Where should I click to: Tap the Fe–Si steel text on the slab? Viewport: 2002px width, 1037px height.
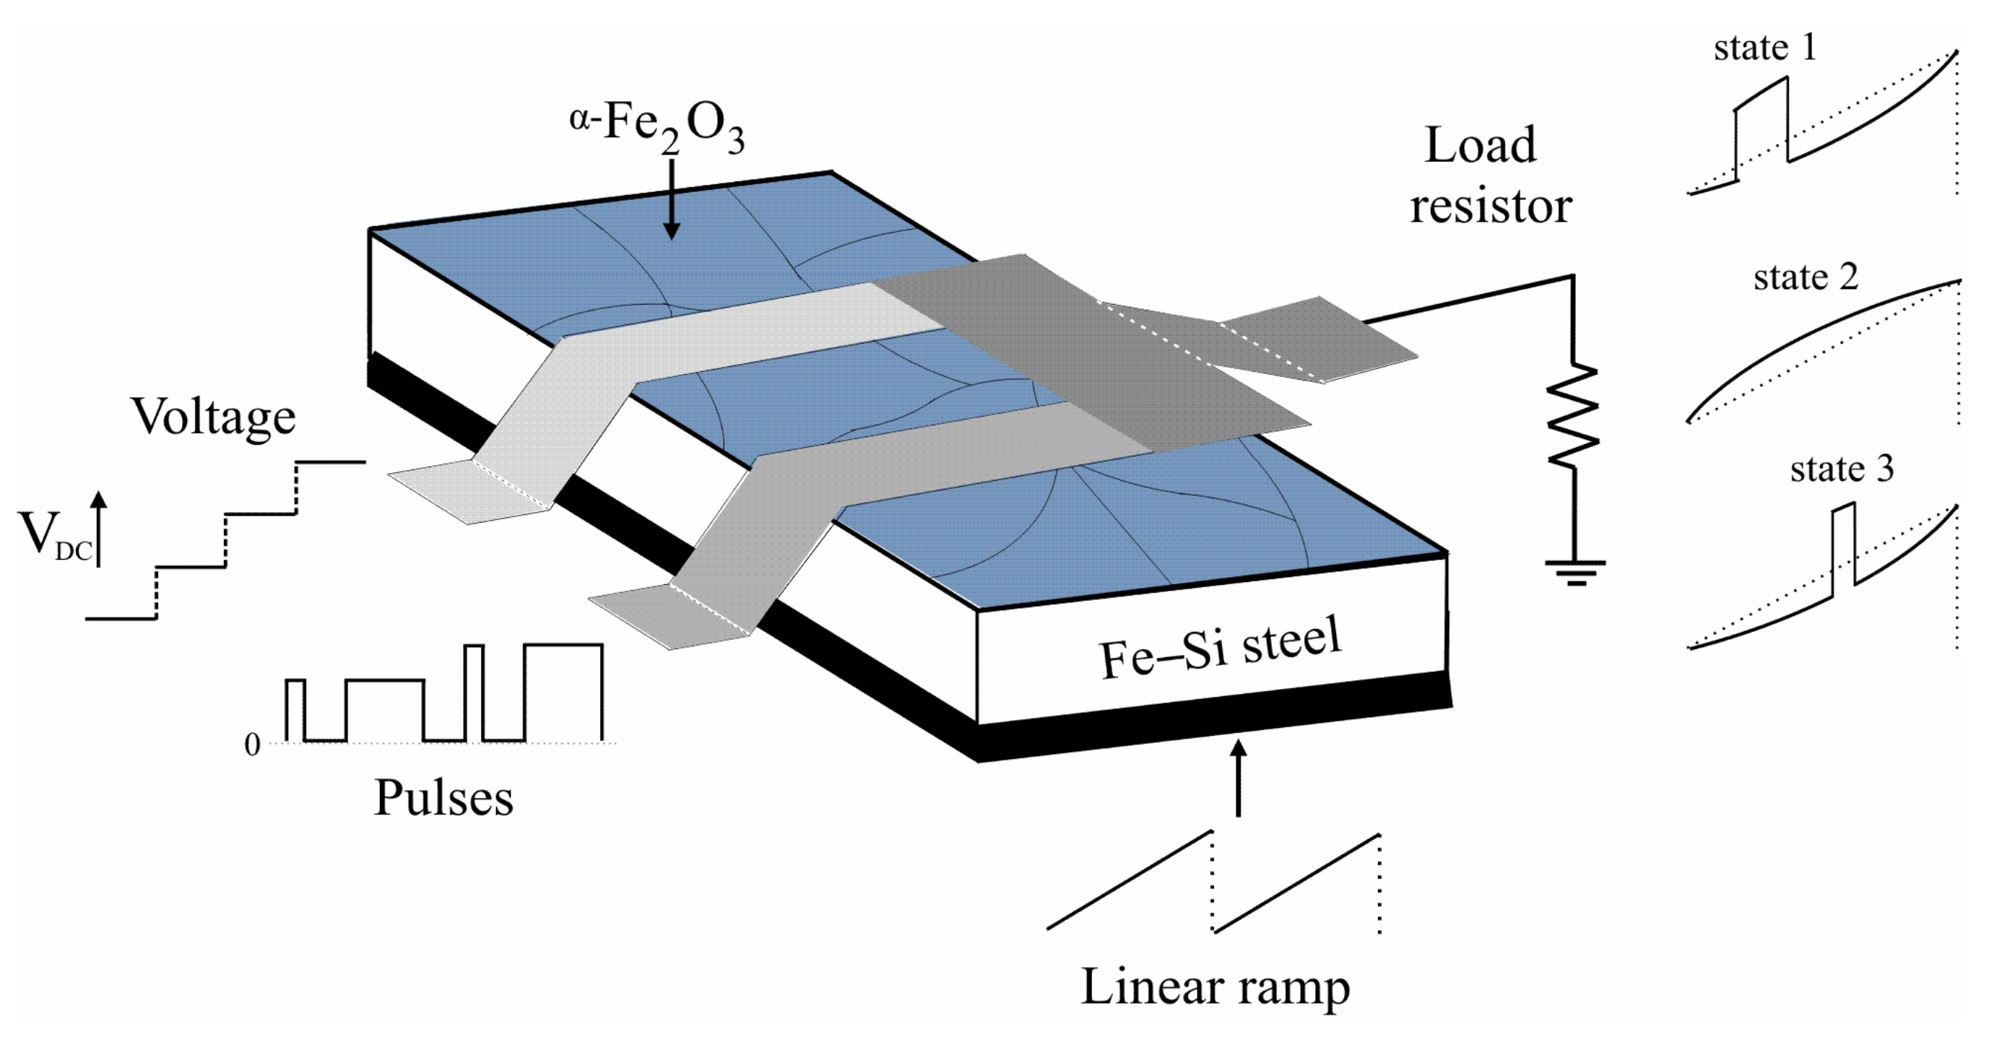click(x=1220, y=647)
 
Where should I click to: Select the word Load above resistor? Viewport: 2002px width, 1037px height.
click(x=1480, y=145)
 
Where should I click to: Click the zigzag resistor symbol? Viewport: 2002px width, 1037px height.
click(x=1574, y=416)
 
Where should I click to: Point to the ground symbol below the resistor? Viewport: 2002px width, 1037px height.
click(x=1575, y=572)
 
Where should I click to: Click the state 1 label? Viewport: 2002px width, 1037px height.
click(x=1765, y=48)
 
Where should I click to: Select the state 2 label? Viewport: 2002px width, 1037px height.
click(x=1806, y=277)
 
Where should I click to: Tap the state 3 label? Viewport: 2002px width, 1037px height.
click(x=1842, y=469)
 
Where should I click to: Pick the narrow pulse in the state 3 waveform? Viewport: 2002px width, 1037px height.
click(x=1843, y=544)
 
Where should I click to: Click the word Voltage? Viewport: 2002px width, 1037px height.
click(x=214, y=417)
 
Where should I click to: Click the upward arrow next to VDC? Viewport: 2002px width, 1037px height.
click(x=99, y=529)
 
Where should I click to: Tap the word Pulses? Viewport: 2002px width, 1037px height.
click(x=443, y=799)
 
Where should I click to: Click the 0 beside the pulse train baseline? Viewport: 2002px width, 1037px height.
click(x=252, y=745)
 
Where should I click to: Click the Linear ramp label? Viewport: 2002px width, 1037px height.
click(x=1215, y=987)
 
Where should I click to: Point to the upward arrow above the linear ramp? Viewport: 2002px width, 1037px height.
click(x=1239, y=777)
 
